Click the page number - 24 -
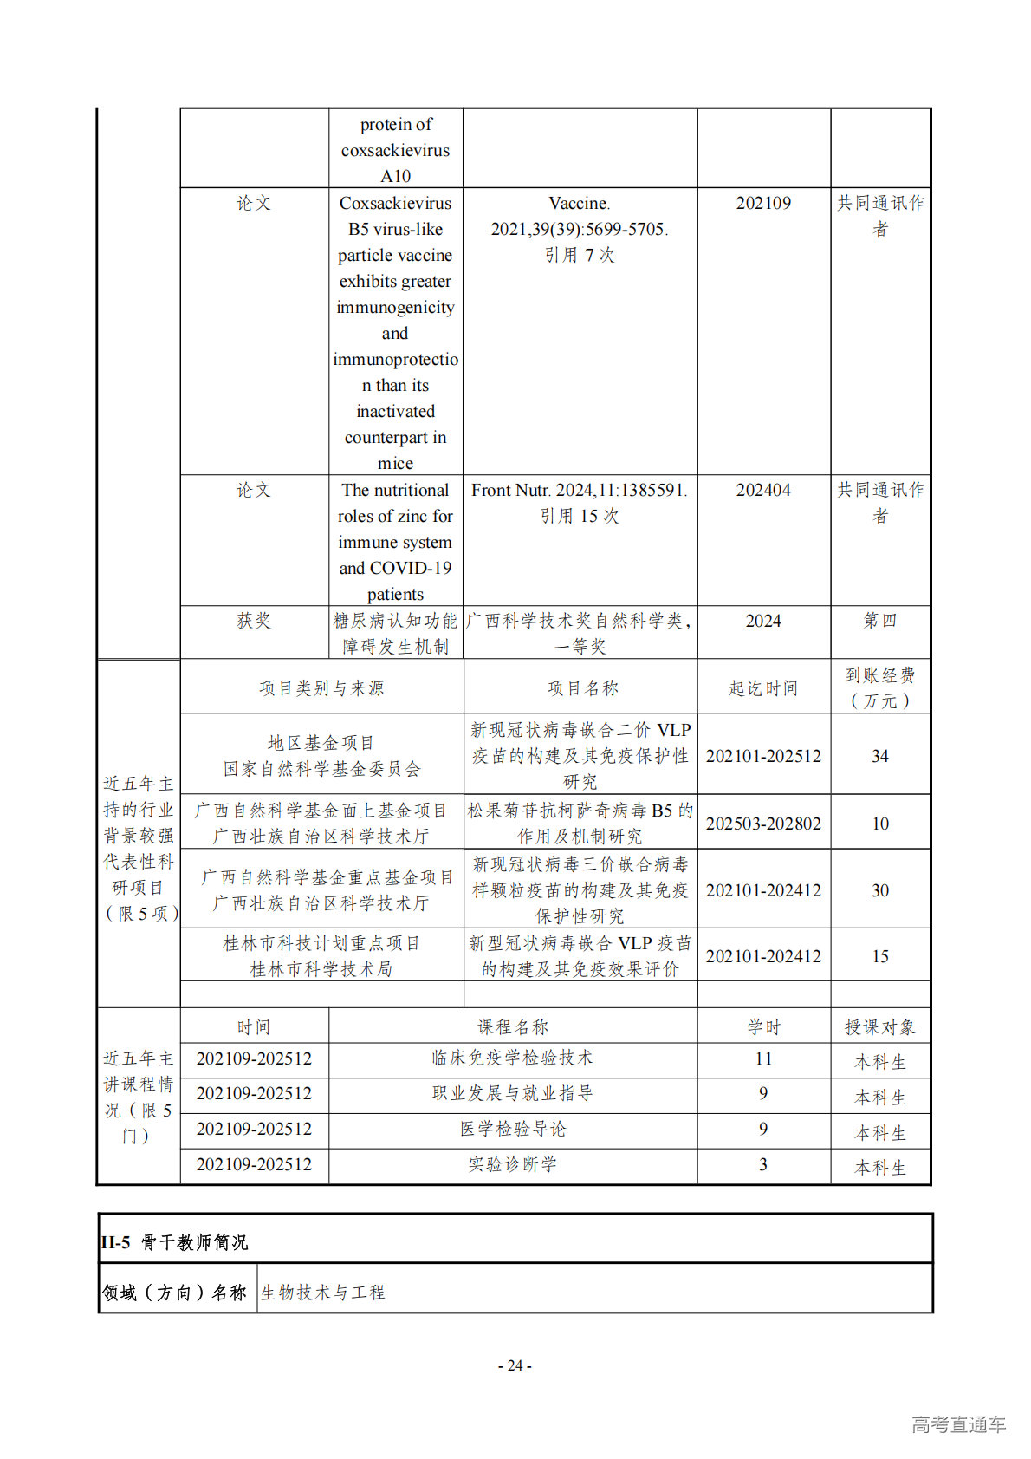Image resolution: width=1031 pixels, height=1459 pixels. [515, 1365]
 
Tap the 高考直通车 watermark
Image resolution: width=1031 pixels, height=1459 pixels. [958, 1424]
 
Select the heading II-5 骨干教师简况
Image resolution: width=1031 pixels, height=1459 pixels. [174, 1242]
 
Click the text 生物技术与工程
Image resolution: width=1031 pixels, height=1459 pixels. [322, 1293]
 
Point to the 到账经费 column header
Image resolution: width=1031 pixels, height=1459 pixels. [879, 687]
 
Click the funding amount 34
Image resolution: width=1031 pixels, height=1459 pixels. [879, 756]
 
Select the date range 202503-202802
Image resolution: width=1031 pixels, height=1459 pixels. [763, 824]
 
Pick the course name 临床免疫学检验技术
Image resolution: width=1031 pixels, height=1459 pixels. [512, 1058]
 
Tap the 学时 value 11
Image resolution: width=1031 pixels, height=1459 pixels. [763, 1058]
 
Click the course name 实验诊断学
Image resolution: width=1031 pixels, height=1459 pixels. [512, 1164]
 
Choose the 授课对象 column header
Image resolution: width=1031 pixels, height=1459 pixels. [879, 1027]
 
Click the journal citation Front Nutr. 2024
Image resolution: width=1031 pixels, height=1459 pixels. [579, 491]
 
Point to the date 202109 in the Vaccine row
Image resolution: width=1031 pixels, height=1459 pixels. [763, 203]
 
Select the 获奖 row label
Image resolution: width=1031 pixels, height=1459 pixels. [254, 621]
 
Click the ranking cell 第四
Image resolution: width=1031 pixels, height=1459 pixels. [879, 621]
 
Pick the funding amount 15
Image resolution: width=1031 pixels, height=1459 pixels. [879, 956]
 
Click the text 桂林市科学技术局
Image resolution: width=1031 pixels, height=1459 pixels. [321, 969]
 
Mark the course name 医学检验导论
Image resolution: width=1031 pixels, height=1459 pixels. [512, 1129]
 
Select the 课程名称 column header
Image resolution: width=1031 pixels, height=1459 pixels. [512, 1027]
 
